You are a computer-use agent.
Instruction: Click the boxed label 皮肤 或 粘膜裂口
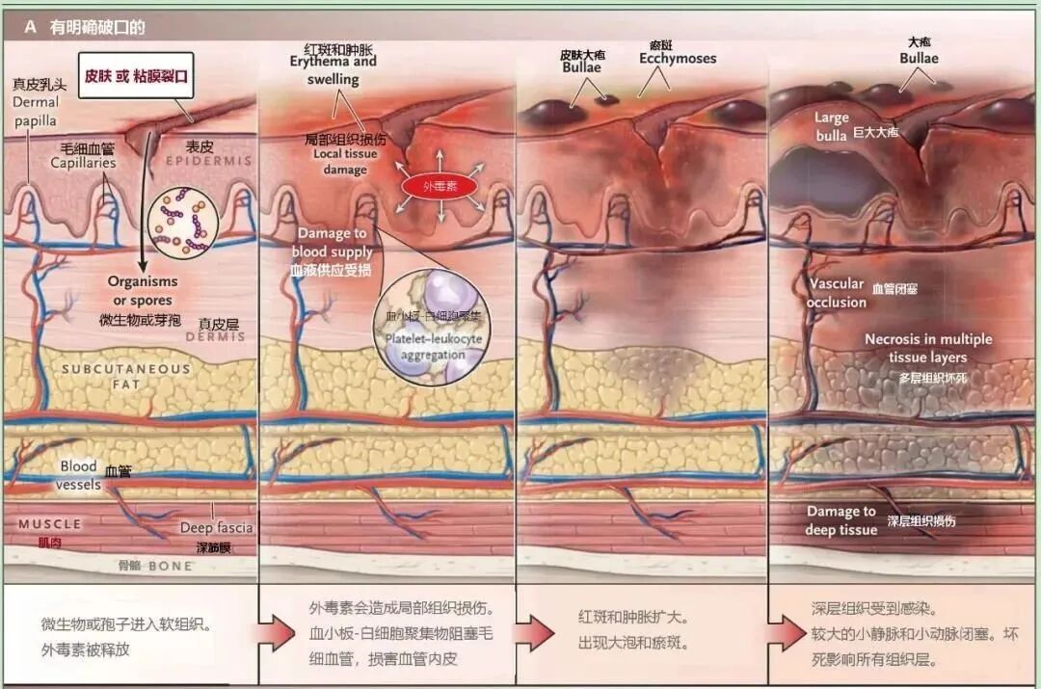coord(136,75)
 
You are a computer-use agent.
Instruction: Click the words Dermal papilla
coord(36,111)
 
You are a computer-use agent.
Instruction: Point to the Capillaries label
coord(84,163)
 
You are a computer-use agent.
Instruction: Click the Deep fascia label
coord(216,528)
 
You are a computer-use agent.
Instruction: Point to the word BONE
coord(170,566)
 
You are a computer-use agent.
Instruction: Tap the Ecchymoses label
coord(678,59)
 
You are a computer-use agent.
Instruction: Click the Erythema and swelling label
coord(334,70)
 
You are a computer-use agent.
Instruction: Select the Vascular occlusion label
coord(837,293)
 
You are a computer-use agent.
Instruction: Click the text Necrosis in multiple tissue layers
coord(927,348)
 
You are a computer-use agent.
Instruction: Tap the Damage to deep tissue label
coord(841,520)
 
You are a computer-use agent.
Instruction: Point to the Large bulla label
coord(831,125)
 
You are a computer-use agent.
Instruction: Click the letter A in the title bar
coord(30,27)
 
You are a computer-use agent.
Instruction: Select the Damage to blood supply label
coord(331,243)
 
